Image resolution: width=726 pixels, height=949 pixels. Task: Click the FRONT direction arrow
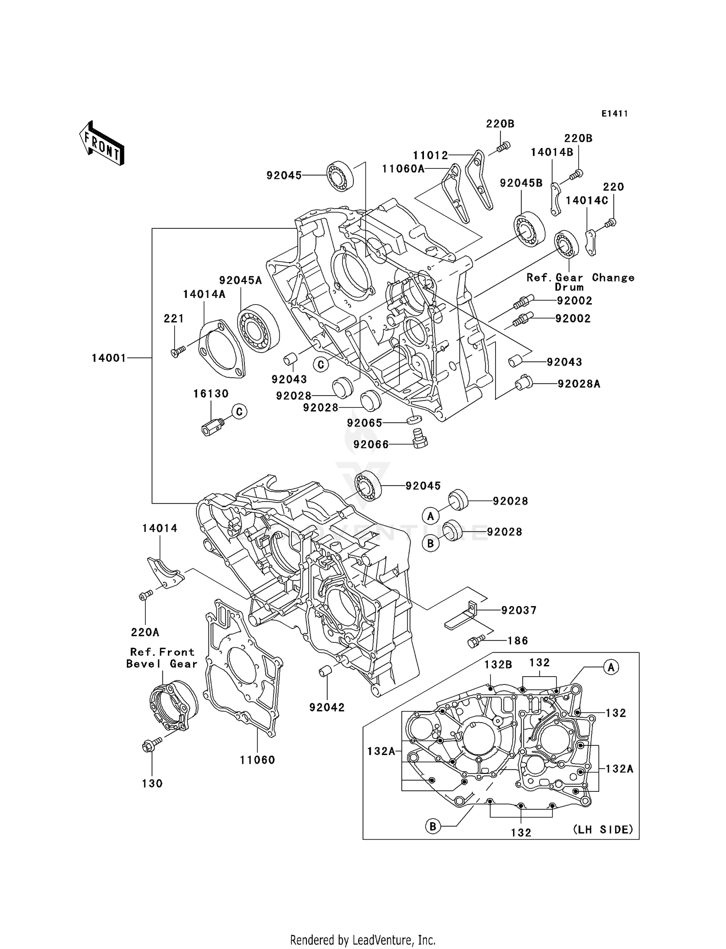coord(102,144)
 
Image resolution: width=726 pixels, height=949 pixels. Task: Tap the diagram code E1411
coord(614,114)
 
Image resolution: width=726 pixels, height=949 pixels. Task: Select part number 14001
coord(109,358)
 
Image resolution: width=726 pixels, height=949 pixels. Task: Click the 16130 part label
coord(211,394)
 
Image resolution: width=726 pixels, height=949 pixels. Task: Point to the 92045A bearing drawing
coord(258,328)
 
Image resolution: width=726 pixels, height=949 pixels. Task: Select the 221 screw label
coord(174,318)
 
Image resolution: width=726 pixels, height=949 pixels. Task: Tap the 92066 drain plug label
coord(371,444)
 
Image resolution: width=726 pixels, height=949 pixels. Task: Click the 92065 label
coord(364,423)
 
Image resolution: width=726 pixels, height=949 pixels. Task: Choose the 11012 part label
coord(430,155)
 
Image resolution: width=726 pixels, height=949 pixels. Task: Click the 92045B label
coord(521,183)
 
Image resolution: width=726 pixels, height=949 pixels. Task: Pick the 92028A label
coord(579,384)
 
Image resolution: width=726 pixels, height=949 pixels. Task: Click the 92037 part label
coord(519,610)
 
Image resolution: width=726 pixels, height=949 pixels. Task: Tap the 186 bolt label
coord(517,641)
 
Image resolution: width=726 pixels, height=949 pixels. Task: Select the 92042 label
coord(327,707)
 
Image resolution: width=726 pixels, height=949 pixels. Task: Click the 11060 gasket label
coord(257,760)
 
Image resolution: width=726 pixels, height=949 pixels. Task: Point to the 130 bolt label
coord(152,784)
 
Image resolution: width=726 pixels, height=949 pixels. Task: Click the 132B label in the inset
coord(498,665)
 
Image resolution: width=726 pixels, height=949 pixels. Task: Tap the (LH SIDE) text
coord(603,830)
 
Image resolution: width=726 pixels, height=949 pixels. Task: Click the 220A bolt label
coord(145,632)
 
